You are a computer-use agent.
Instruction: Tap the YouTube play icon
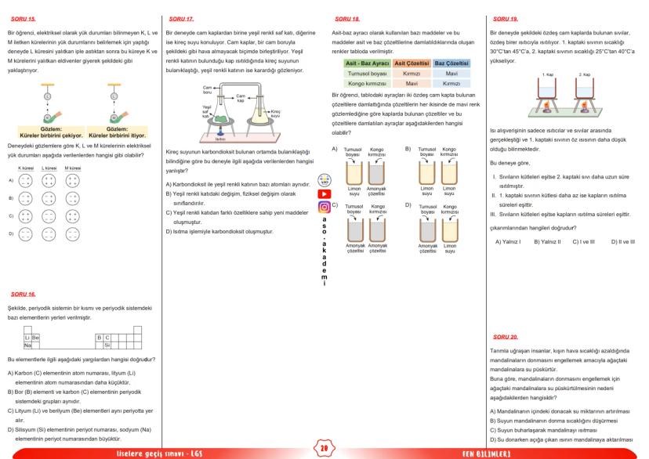click(x=324, y=193)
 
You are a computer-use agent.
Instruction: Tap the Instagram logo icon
click(x=324, y=208)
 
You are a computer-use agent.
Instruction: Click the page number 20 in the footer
click(x=324, y=450)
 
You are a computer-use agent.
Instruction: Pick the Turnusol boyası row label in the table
click(x=368, y=71)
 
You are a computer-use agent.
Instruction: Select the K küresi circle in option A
click(x=23, y=179)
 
